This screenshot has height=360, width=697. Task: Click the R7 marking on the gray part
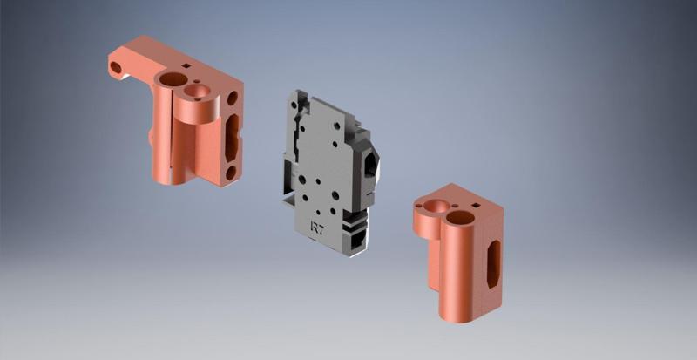[x=320, y=228]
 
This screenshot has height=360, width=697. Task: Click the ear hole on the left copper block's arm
[x=115, y=66]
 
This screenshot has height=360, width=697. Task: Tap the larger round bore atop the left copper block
[x=169, y=80]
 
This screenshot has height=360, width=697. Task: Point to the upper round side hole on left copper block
[x=232, y=98]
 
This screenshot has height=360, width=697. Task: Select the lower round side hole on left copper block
[x=230, y=173]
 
